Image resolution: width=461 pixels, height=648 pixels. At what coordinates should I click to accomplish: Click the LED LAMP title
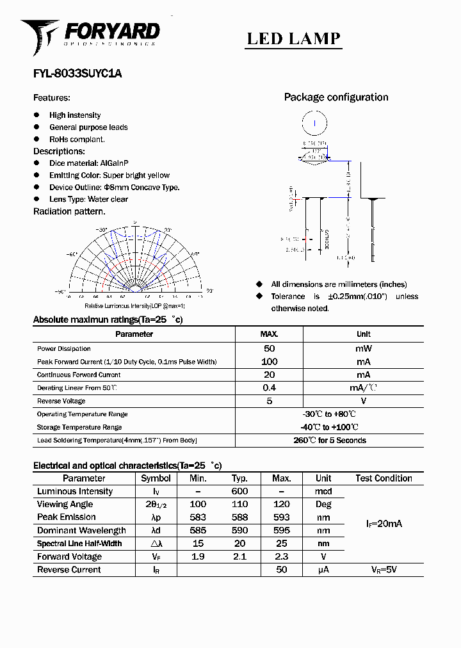294,39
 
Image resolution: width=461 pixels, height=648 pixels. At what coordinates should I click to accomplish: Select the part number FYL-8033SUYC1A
77,74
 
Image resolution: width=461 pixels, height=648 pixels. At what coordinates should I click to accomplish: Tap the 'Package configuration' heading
336,97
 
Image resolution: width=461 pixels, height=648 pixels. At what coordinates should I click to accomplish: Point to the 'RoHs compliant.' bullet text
77,139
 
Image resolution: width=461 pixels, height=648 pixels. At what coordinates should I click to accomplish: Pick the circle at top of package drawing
314,121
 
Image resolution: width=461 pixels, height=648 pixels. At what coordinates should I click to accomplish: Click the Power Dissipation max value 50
269,348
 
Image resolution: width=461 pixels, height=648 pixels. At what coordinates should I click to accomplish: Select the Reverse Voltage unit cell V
363,401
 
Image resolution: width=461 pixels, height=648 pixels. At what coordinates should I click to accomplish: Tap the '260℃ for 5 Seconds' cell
330,441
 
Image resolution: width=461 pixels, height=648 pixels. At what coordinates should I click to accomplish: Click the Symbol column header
156,478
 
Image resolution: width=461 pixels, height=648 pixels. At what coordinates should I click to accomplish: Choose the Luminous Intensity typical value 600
239,491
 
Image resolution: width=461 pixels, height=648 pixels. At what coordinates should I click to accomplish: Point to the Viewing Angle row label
65,505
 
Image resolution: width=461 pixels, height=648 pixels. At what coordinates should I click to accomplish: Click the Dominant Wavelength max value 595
281,530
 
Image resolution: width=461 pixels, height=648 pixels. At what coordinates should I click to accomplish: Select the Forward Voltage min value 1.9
198,556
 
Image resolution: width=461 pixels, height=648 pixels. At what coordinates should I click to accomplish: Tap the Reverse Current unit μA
323,570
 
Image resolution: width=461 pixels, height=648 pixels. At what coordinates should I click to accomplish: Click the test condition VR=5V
384,570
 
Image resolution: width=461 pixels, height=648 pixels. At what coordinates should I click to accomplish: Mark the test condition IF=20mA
384,524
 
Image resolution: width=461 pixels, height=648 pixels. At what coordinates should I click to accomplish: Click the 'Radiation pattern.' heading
69,211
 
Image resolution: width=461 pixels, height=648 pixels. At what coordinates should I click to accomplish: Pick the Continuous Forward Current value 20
269,375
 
